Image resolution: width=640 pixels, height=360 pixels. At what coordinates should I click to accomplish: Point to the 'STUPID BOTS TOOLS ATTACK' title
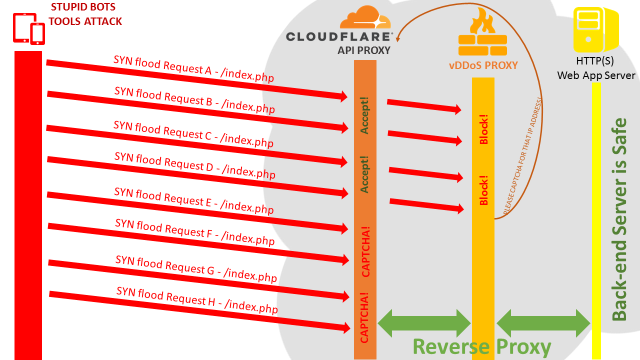(85, 14)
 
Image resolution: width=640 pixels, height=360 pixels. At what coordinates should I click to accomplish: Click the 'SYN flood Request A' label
(193, 68)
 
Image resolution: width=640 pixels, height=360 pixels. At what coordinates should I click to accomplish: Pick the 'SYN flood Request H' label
(197, 300)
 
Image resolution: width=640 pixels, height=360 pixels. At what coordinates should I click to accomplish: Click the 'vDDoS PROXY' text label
(482, 65)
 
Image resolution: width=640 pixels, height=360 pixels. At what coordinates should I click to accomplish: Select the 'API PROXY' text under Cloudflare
(364, 50)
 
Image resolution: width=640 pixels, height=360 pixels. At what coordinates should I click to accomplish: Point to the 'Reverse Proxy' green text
(481, 346)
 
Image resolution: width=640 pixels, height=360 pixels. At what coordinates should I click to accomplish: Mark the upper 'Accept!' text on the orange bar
(365, 115)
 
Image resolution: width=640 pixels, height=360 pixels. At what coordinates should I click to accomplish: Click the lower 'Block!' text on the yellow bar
(483, 190)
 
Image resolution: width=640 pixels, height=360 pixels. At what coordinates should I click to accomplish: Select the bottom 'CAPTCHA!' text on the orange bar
(365, 317)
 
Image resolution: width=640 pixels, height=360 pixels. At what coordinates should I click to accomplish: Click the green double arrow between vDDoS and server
(543, 323)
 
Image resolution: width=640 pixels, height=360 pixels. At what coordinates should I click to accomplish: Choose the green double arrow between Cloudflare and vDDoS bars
(424, 323)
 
